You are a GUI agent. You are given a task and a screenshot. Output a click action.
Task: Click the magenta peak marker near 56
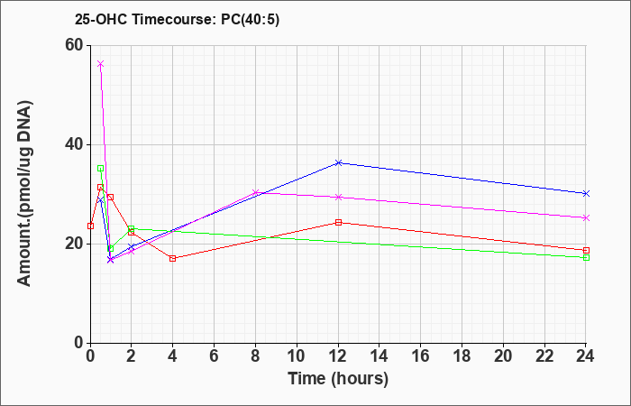[101, 64]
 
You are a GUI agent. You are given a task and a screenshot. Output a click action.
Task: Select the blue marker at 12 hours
[338, 162]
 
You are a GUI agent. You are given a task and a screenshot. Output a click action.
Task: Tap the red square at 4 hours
[173, 258]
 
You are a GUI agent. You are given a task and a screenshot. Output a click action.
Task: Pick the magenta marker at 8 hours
[255, 192]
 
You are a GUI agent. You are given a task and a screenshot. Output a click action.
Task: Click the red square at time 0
[90, 226]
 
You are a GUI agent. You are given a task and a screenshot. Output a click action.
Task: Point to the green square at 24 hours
[586, 257]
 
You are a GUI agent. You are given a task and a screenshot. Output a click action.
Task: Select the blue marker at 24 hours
[586, 194]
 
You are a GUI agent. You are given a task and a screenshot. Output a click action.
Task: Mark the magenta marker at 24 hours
[586, 218]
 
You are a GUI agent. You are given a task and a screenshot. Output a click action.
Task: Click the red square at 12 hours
[338, 222]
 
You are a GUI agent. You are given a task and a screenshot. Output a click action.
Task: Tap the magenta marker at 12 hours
[338, 197]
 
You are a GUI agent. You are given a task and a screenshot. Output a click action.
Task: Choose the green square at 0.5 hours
[101, 169]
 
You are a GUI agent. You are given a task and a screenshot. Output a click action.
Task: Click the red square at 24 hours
[586, 250]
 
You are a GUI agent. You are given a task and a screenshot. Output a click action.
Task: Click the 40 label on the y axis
[74, 144]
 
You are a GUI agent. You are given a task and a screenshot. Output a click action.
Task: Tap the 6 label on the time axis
[215, 356]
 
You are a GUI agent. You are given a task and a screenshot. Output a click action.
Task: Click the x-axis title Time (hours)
[338, 379]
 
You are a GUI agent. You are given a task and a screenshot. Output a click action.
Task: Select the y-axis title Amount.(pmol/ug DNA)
[24, 193]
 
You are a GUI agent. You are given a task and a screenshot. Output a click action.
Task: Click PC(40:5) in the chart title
[251, 19]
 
